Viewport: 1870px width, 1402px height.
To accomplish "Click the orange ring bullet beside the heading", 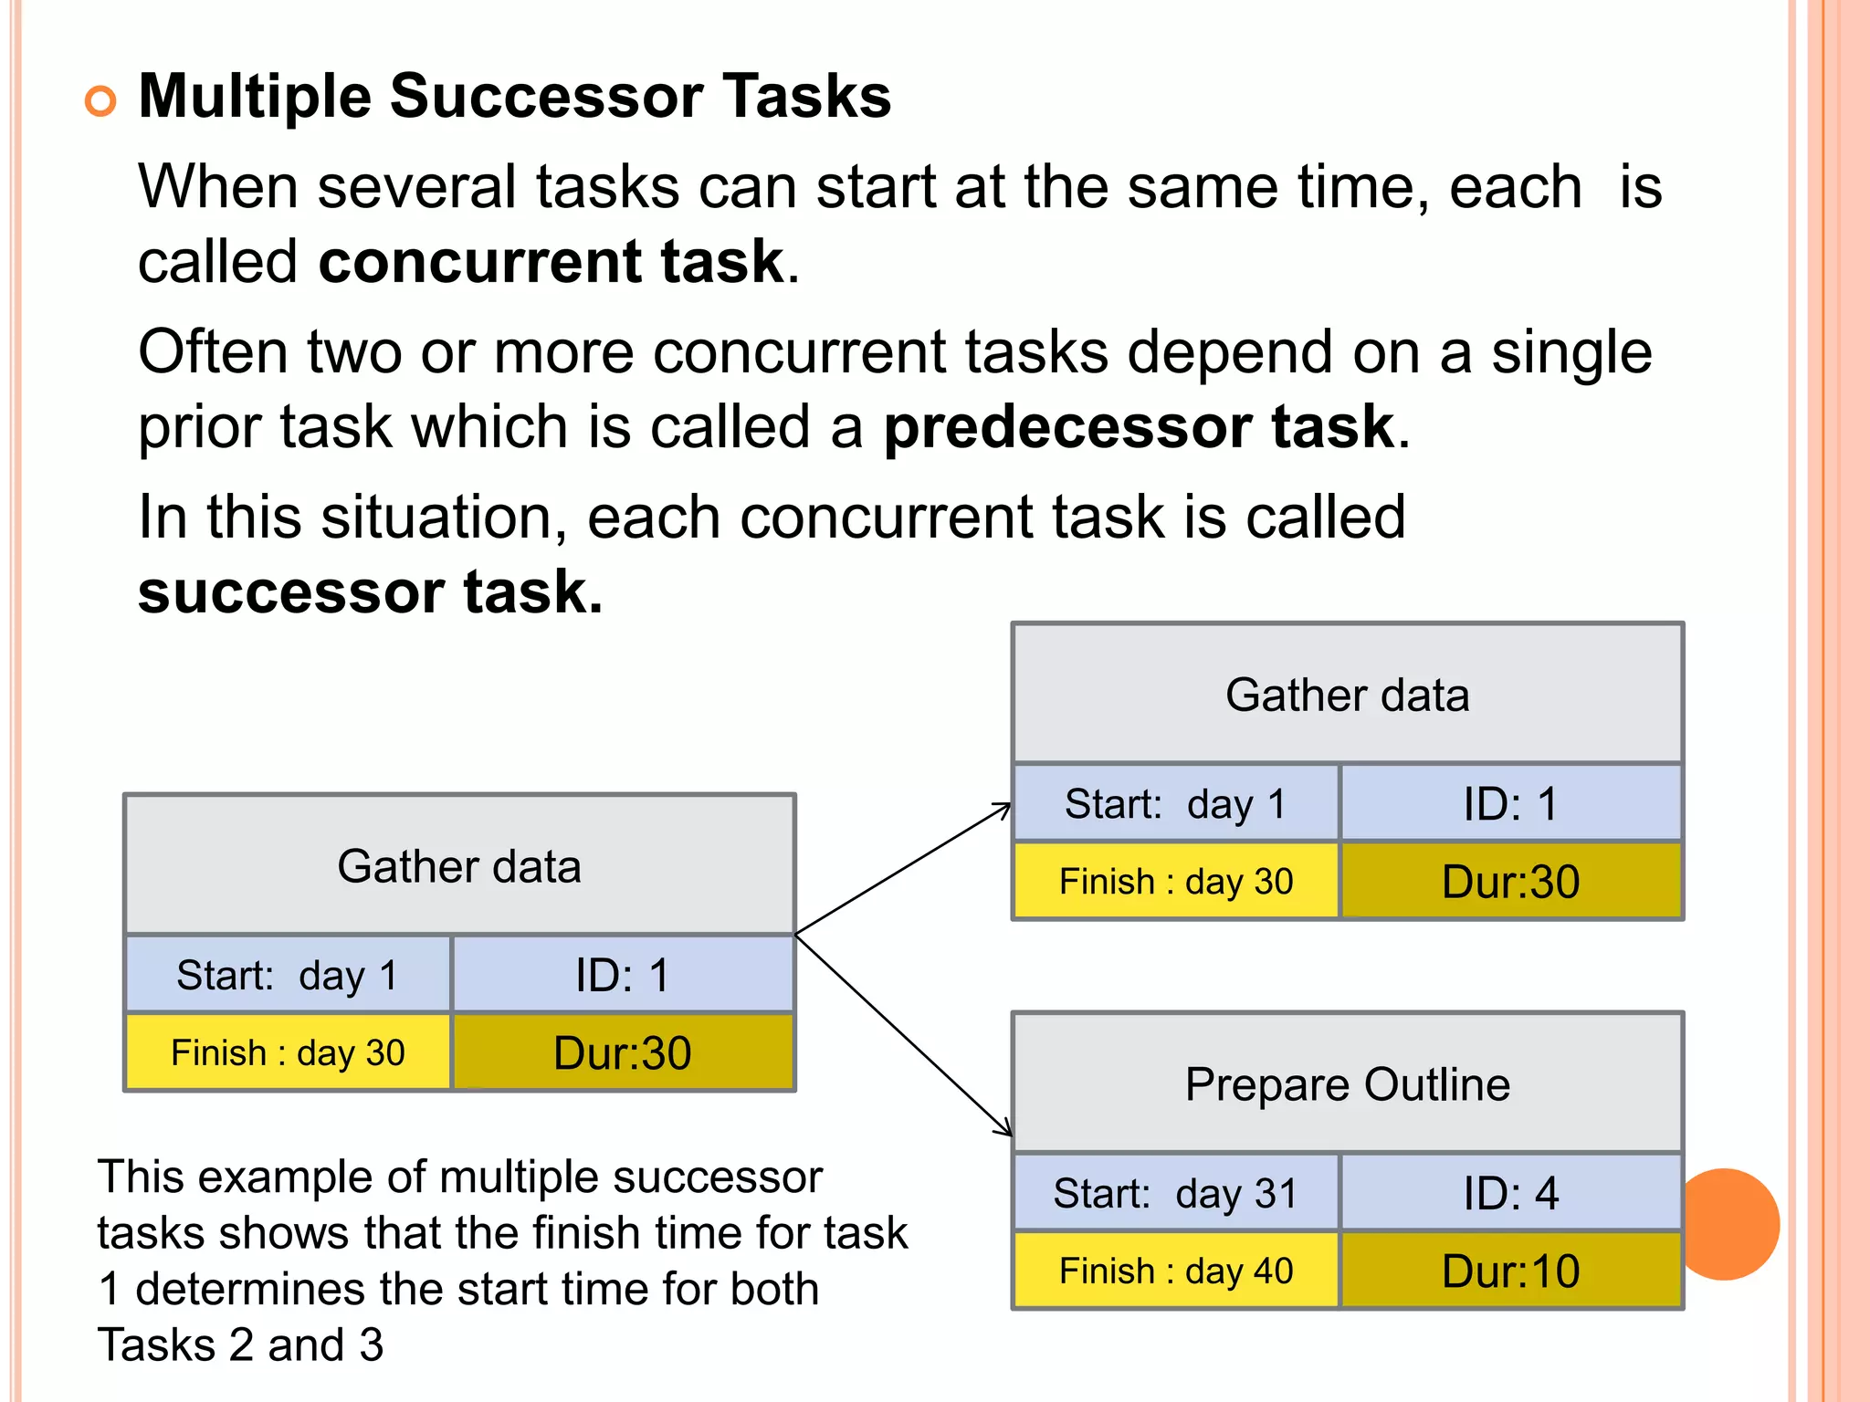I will pos(100,100).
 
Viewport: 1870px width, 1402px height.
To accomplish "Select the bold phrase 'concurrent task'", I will pos(551,261).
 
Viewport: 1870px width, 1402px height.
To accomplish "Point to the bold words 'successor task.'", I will pos(371,591).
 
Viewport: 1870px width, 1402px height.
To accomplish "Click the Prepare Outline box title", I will pos(1348,1084).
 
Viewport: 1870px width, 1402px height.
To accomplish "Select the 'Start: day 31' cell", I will pos(1176,1194).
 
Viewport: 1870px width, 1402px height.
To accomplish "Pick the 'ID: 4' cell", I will pos(1511,1194).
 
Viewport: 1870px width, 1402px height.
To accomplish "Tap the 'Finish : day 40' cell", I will pos(1176,1271).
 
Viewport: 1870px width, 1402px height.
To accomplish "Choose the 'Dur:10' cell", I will pos(1511,1271).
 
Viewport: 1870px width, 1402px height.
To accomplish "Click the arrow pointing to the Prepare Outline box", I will pos(904,1035).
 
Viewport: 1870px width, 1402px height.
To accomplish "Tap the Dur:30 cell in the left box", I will pos(623,1052).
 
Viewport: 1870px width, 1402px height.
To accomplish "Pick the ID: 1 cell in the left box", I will pos(623,975).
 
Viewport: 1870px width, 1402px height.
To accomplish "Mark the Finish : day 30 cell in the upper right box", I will pos(1176,882).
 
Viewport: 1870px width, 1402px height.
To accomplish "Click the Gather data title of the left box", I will pos(459,865).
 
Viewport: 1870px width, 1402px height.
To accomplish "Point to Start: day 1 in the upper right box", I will pos(1176,804).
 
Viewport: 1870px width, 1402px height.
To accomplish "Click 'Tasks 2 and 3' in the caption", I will pos(241,1344).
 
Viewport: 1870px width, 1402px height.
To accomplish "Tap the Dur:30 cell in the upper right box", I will pos(1511,882).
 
